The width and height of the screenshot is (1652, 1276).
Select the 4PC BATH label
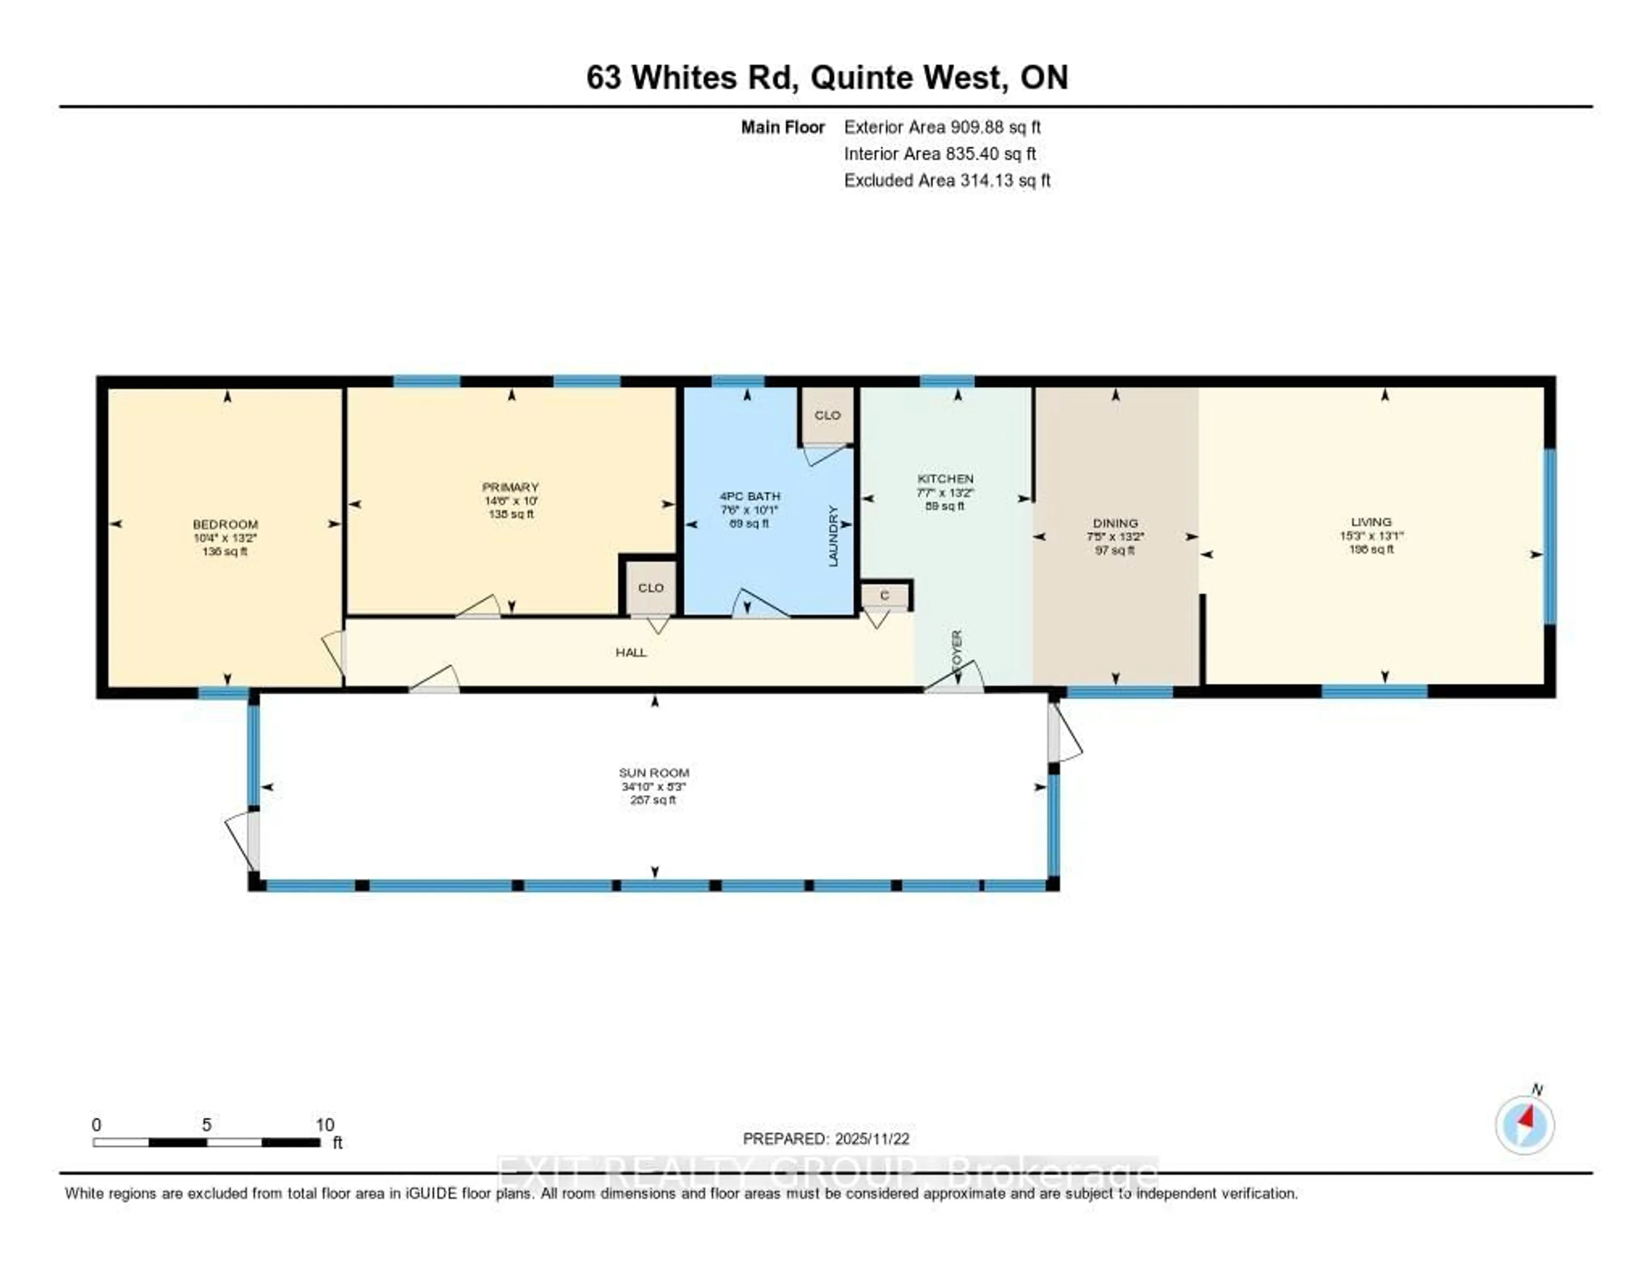tap(749, 496)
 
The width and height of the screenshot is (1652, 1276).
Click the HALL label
tap(631, 652)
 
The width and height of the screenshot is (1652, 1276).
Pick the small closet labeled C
tap(884, 596)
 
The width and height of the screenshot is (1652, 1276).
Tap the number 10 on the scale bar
tap(324, 1125)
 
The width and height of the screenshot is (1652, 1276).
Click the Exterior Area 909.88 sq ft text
tap(942, 127)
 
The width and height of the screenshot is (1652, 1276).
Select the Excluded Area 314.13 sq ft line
tap(946, 180)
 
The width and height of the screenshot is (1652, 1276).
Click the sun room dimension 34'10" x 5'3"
tap(653, 786)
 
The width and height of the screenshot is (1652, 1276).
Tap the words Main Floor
tap(782, 127)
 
